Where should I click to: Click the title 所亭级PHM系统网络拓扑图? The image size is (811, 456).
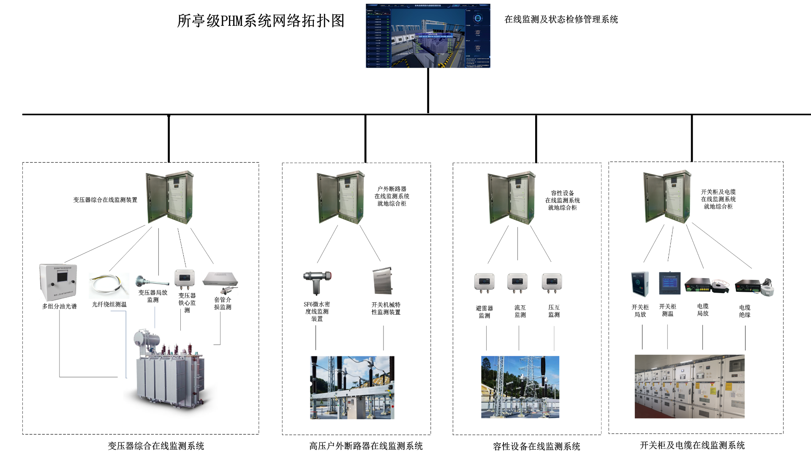(x=261, y=21)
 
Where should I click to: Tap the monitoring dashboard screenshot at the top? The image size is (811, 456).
(x=428, y=36)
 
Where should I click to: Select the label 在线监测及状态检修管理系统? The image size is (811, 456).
(x=561, y=19)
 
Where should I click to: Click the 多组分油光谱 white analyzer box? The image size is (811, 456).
(x=58, y=282)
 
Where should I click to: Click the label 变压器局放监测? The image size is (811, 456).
(x=153, y=296)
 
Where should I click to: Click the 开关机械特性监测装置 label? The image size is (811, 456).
(x=386, y=308)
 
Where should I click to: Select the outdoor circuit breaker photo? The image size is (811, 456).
(x=352, y=388)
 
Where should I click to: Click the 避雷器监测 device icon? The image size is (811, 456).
(x=484, y=283)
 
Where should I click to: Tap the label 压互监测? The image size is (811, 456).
(x=554, y=311)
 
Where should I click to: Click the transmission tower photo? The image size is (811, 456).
(x=520, y=387)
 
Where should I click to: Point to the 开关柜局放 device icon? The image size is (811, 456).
(x=640, y=284)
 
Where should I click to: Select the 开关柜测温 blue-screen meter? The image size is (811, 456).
(x=669, y=283)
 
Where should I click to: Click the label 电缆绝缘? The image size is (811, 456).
(x=745, y=311)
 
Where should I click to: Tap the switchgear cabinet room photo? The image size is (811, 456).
(x=689, y=386)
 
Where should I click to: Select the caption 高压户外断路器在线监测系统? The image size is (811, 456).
(x=366, y=446)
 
